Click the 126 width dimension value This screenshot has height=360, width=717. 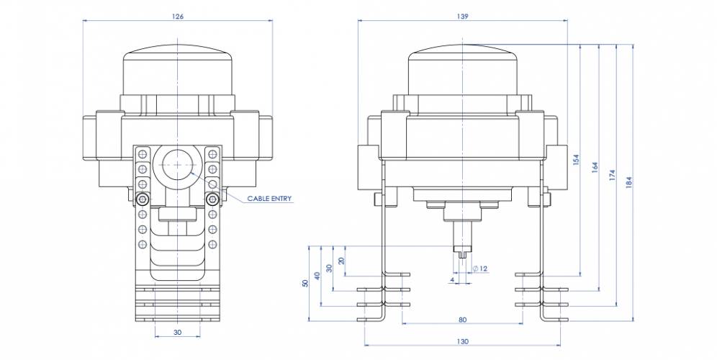pyautogui.click(x=178, y=16)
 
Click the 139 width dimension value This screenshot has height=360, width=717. pyautogui.click(x=462, y=16)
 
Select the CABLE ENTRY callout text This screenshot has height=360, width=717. pyautogui.click(x=270, y=198)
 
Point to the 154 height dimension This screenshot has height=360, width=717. pyautogui.click(x=576, y=161)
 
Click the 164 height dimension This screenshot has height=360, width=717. pyautogui.click(x=594, y=166)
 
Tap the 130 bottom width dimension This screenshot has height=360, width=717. pyautogui.click(x=462, y=341)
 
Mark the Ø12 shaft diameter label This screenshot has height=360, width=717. pyautogui.click(x=481, y=269)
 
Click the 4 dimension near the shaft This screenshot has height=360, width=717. pyautogui.click(x=451, y=278)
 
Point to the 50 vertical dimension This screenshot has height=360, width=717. pyautogui.click(x=305, y=282)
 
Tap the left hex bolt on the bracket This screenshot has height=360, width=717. pyautogui.click(x=143, y=199)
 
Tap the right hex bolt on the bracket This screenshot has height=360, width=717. pyautogui.click(x=212, y=199)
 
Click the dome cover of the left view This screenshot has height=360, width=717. pyautogui.click(x=178, y=68)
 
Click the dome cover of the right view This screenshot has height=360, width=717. pyautogui.click(x=463, y=68)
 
